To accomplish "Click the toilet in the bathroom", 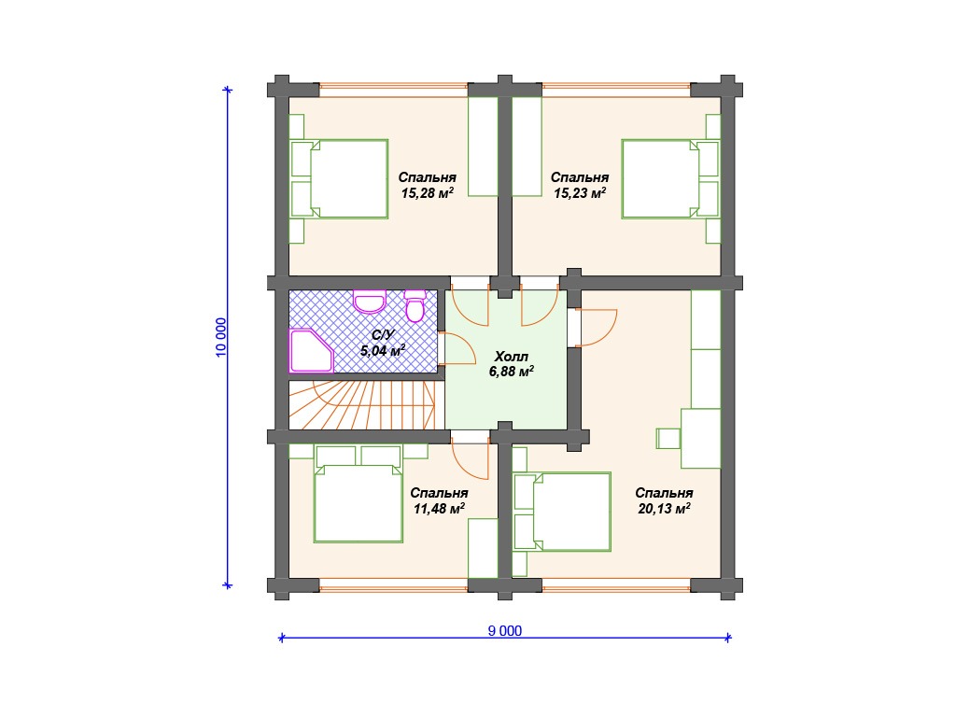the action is click(415, 306).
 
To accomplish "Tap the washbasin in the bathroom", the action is click(370, 302).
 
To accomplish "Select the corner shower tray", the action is click(311, 351).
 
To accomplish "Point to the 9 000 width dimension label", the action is click(505, 631).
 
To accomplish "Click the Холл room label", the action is click(511, 357).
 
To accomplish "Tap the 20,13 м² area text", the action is click(664, 509).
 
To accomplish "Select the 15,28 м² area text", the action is click(428, 193).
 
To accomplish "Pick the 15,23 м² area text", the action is click(580, 193).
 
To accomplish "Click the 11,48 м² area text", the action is click(440, 509).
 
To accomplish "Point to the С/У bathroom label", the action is click(384, 335).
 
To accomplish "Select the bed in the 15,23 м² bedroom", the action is click(670, 178).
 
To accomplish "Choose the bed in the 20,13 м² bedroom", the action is click(562, 512).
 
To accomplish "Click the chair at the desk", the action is click(668, 439).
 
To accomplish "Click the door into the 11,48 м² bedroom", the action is click(470, 455).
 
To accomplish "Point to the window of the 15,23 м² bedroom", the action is click(616, 89).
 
